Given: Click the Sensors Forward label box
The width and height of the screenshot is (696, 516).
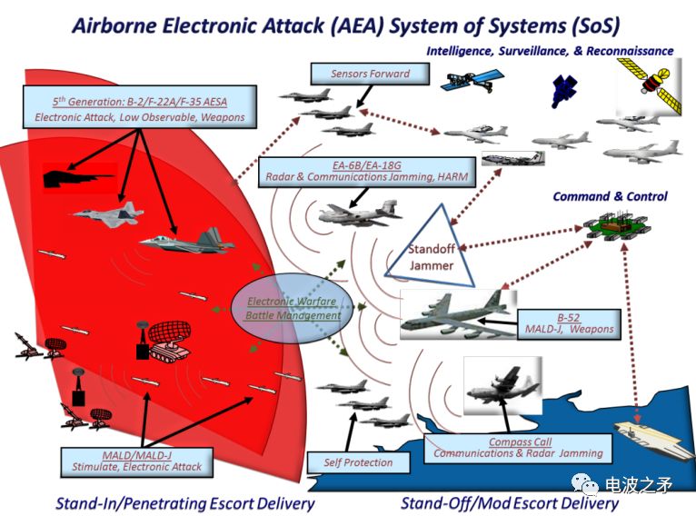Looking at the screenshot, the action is coord(370,74).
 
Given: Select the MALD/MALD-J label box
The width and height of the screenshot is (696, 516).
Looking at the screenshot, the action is coord(136,461).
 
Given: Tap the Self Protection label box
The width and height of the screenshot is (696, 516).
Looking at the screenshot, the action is coord(358,462).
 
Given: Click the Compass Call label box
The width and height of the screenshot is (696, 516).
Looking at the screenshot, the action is coord(518,448).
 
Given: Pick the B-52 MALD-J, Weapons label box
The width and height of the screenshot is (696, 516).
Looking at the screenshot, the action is coord(569,324).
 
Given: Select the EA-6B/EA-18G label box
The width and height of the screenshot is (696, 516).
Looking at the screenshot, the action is coord(367,172).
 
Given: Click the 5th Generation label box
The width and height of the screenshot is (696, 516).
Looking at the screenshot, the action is coord(140,107).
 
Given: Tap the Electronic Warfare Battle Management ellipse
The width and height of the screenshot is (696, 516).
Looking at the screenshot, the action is coord(293,308).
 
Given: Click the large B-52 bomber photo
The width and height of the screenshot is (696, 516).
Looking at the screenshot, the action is coord(459,314).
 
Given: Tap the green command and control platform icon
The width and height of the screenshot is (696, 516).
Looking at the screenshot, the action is coord(615,225).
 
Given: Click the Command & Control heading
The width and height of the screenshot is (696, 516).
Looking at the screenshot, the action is coord(610,196).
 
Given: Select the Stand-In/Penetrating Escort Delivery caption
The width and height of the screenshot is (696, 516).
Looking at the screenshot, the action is coord(185,503).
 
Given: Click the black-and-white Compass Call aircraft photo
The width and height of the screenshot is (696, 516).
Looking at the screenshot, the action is coord(502,385).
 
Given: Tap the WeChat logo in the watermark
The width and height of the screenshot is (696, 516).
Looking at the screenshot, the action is coord(584,483).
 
